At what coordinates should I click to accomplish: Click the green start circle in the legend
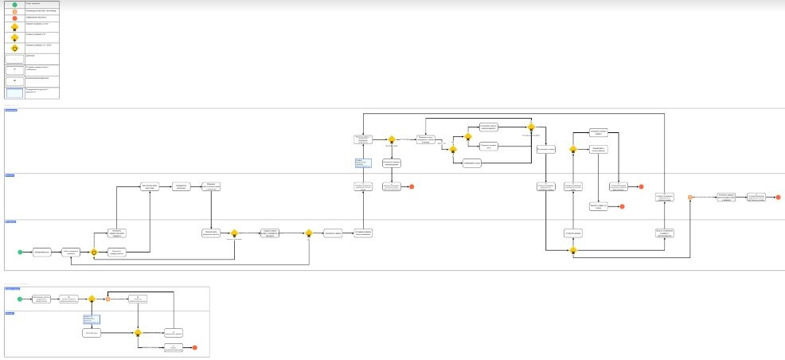coord(15,4)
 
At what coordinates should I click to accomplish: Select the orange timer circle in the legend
coord(15,11)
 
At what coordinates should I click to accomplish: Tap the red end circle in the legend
coord(15,18)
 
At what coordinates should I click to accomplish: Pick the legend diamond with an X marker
coord(15,26)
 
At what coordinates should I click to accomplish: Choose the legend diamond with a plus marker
coord(15,37)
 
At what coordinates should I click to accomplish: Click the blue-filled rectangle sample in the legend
coord(15,93)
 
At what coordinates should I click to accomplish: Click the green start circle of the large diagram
coord(21,252)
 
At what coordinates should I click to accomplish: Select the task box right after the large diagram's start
coord(42,252)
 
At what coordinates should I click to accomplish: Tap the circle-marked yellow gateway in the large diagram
coord(94,252)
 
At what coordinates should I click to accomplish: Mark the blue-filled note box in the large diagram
coord(363,162)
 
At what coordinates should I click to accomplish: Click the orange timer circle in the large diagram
coord(690,197)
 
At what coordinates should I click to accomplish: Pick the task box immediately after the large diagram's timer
coord(724,197)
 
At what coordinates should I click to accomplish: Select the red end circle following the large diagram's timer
coord(779,197)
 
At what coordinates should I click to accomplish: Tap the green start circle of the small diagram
coord(19,299)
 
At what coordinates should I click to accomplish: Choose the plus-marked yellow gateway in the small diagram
coord(92,299)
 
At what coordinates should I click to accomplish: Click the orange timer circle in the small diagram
coord(107,299)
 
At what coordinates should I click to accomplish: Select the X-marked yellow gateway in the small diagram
coord(138,332)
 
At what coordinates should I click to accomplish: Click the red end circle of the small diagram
coord(194,347)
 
